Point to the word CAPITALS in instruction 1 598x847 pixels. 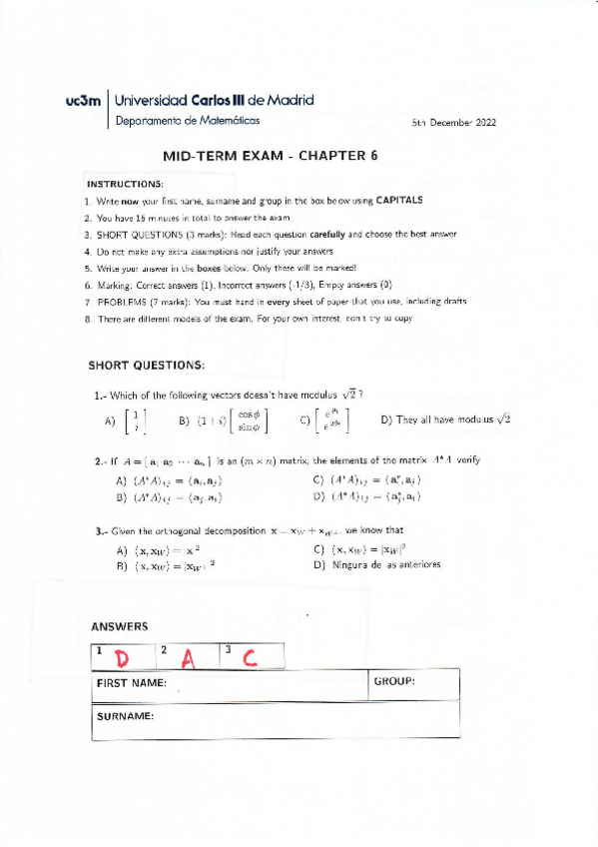(398, 200)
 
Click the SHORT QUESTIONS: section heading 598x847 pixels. (146, 366)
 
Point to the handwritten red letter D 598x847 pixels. (122, 658)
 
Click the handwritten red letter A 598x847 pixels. (186, 657)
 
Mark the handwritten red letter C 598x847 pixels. (250, 657)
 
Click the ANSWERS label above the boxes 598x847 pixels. (119, 627)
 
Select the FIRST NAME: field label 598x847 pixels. (131, 683)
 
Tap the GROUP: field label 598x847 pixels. (393, 681)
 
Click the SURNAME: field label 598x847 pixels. (124, 717)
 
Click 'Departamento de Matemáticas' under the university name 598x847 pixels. (187, 120)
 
